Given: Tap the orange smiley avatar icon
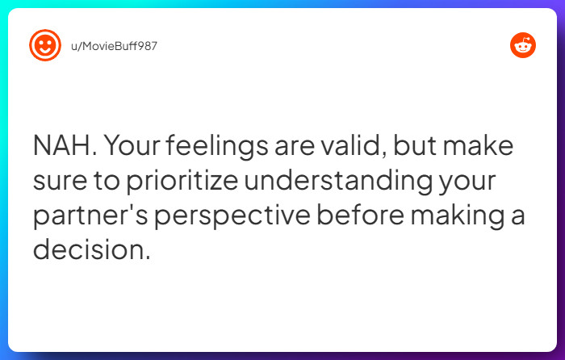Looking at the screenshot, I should coord(44,45).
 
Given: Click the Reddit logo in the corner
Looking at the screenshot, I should coord(522,45).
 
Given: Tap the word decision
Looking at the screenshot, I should coord(91,250).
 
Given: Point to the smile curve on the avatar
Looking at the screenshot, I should coord(44,52).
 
